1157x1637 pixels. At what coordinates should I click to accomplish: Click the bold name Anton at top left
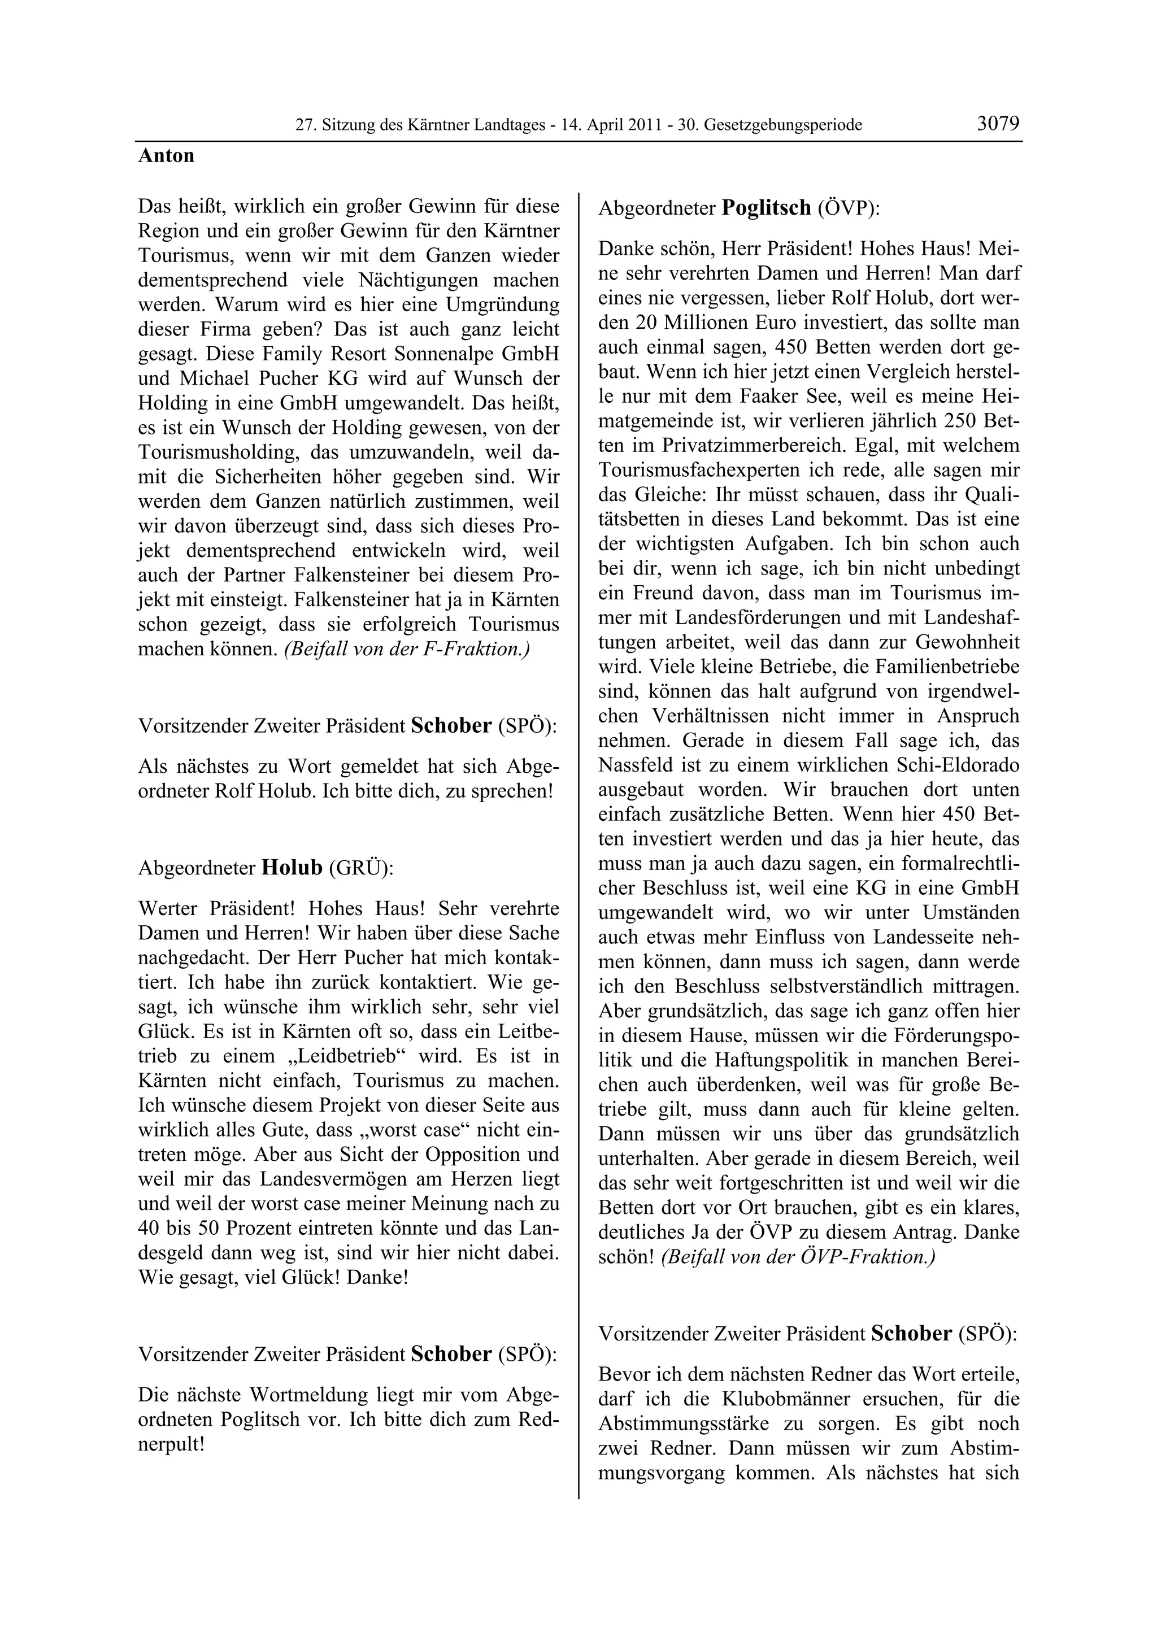tap(166, 156)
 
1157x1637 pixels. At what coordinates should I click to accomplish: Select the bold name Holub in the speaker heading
tap(292, 868)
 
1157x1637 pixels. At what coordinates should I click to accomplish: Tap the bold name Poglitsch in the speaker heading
tap(767, 208)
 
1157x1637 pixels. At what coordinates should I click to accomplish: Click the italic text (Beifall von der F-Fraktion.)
tap(406, 650)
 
